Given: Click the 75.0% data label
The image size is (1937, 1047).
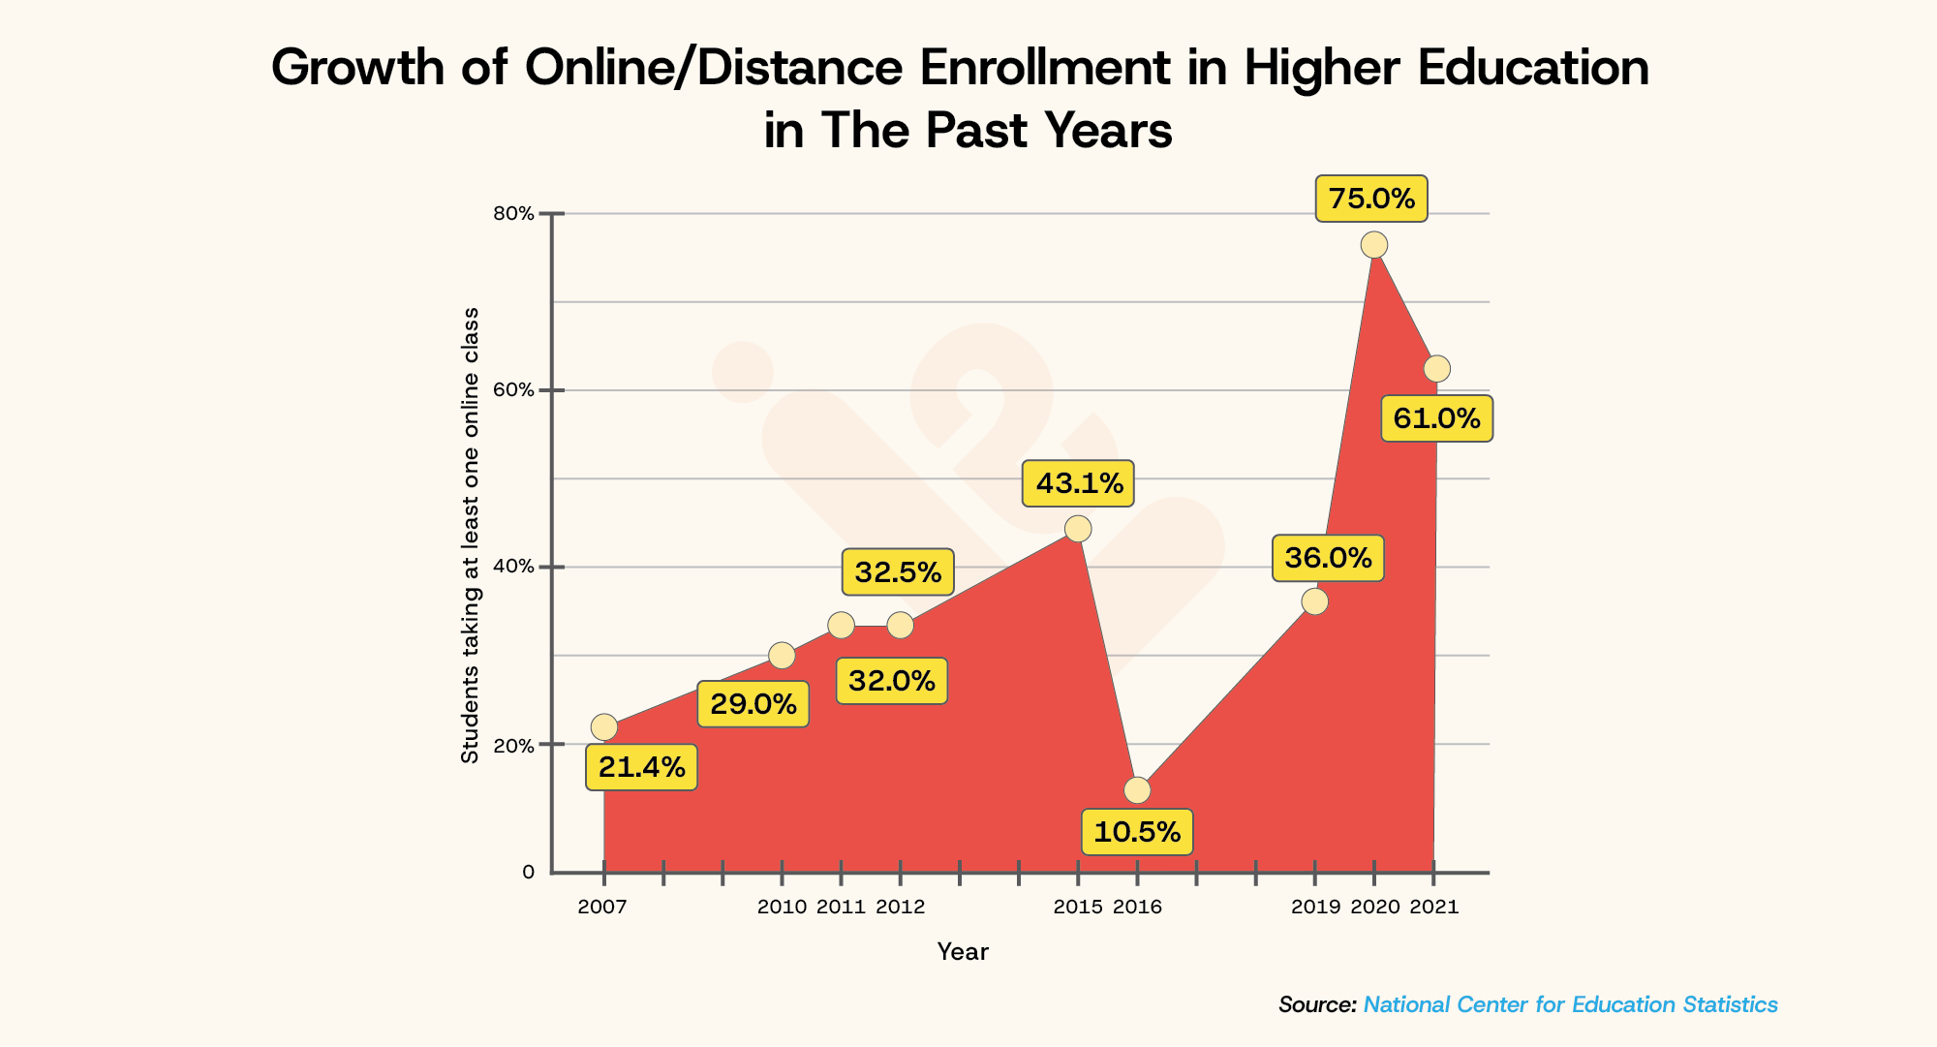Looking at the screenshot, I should [1370, 199].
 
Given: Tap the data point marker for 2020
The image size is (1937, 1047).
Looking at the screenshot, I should [1373, 245].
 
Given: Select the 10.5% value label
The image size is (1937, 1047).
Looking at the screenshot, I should [1136, 832].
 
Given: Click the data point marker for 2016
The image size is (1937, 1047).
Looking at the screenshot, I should [1137, 790].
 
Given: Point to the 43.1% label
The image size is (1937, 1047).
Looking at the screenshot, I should [1078, 483].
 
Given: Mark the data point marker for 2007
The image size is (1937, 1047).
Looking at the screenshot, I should [603, 727].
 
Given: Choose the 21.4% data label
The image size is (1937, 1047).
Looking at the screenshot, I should [641, 767].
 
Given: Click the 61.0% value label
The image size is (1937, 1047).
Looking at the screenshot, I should [1436, 418].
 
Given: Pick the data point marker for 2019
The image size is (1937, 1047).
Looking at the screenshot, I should [1314, 601].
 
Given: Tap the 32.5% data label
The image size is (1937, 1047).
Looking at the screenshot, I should [898, 571].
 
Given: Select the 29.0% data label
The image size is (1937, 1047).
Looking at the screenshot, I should [753, 704].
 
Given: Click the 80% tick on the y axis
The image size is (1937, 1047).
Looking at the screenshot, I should [514, 214].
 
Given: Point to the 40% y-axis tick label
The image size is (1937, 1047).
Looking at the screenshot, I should [514, 567].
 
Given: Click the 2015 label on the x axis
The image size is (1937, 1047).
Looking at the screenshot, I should [1077, 908].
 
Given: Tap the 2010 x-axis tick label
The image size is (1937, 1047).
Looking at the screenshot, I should [781, 908].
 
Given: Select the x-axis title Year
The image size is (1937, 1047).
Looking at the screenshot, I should [962, 952].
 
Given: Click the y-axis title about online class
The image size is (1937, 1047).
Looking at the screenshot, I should [470, 535].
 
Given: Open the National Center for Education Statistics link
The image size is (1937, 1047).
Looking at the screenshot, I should [1570, 1004].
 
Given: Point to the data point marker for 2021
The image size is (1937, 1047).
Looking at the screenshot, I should [1437, 369].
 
